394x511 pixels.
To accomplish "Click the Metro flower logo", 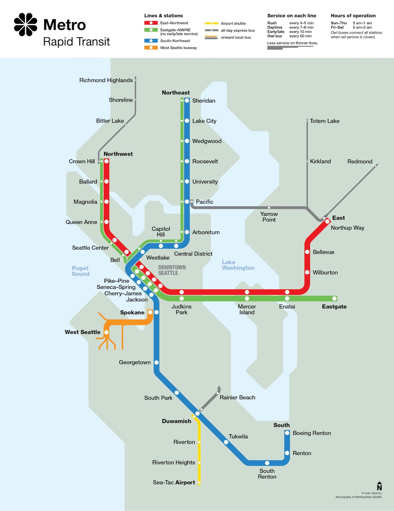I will tap(25, 24).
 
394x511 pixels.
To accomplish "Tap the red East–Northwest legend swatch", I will tap(151, 23).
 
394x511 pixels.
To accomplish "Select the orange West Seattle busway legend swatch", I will tap(151, 48).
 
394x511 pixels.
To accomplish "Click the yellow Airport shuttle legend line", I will tap(212, 23).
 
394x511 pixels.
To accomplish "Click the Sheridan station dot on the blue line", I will tap(187, 101).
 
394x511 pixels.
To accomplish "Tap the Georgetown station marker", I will tap(157, 362).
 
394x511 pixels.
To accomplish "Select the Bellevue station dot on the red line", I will tap(307, 252).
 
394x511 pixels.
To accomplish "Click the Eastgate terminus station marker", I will tap(334, 298).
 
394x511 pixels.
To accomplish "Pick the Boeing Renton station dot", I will tap(287, 433).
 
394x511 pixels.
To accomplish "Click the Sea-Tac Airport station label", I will tap(174, 482).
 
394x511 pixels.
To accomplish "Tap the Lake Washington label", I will tap(238, 265).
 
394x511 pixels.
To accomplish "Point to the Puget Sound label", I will tap(80, 271).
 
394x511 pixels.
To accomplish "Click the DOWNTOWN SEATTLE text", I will tap(172, 270).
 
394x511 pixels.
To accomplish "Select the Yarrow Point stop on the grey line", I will tap(269, 208).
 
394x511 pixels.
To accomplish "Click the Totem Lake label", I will tap(325, 121).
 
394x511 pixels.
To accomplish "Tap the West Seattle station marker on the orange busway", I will tap(106, 332).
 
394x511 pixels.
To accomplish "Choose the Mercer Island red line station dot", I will tap(247, 292).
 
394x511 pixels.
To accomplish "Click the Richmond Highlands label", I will tap(106, 80).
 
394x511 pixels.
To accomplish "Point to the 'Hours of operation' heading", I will tap(353, 16).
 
